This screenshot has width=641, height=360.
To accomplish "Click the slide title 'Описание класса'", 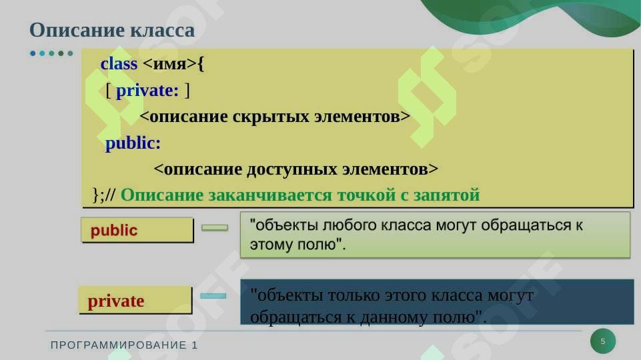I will (x=112, y=31).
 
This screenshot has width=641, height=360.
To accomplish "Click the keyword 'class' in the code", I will (x=119, y=64).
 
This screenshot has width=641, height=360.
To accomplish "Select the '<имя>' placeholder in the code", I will (x=170, y=64).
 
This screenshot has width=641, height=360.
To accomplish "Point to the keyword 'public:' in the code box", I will (x=133, y=143).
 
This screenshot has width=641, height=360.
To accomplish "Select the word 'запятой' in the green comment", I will (x=452, y=195).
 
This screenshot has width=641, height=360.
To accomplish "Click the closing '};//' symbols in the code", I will (x=104, y=195).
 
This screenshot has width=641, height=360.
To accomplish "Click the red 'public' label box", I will (x=137, y=231).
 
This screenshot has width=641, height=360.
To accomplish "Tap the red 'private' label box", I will (x=135, y=301).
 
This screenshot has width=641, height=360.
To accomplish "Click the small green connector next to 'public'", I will (x=215, y=227).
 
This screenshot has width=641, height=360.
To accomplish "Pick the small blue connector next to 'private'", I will (x=213, y=296).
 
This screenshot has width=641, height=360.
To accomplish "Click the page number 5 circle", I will (x=603, y=341).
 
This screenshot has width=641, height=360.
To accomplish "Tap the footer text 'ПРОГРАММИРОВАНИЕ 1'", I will (x=125, y=345).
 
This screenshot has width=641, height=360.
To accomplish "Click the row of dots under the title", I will (x=51, y=53).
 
